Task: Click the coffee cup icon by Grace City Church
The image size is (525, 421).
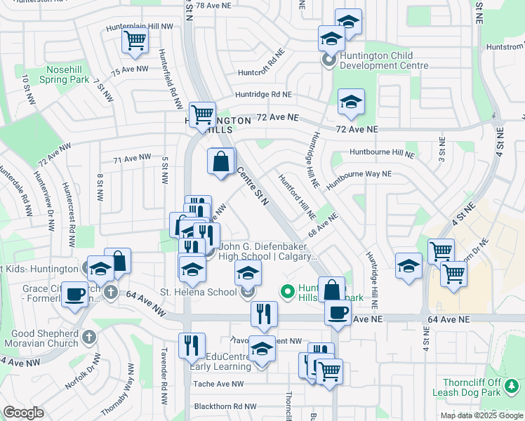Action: [74, 294]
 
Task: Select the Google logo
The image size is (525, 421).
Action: [23, 413]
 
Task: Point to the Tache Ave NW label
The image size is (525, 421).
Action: [218, 384]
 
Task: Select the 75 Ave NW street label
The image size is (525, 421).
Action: [130, 69]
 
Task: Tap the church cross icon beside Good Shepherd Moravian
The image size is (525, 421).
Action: [88, 337]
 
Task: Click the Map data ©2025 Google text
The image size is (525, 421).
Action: [481, 415]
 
